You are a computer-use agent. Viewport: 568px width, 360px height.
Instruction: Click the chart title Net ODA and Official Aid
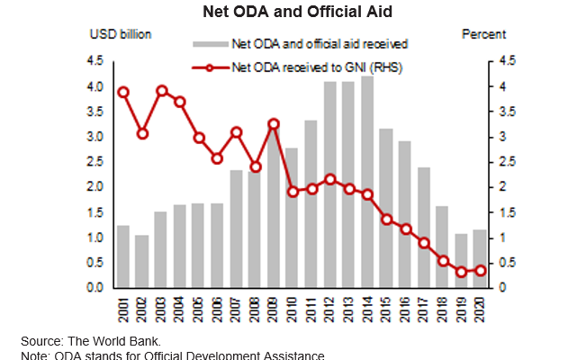pos(284,12)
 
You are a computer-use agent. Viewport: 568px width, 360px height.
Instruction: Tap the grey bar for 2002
pos(141,261)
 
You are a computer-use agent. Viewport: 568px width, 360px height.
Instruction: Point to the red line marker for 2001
pos(123,92)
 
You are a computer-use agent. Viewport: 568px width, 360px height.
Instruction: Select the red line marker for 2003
pos(162,91)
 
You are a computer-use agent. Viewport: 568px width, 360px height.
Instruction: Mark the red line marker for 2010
pos(293,191)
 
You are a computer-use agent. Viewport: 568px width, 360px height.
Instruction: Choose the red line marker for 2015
pos(386,220)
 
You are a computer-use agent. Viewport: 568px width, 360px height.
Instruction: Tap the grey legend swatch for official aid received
pos(211,43)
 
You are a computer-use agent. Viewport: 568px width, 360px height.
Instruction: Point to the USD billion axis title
pos(121,34)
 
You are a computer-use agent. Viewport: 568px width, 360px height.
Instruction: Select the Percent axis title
pos(483,34)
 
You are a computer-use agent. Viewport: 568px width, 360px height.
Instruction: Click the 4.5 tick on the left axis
pos(94,61)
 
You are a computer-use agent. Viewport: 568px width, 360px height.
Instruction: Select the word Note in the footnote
pos(35,355)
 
